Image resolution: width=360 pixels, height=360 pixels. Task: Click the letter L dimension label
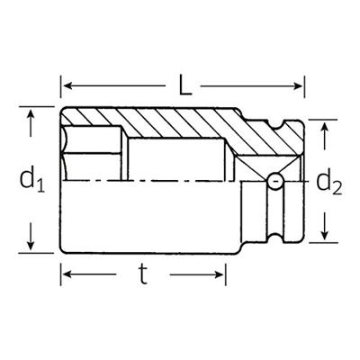click(x=184, y=85)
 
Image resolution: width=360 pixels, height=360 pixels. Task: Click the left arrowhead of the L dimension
click(x=67, y=85)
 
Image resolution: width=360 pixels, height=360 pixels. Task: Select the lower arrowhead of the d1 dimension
click(x=31, y=247)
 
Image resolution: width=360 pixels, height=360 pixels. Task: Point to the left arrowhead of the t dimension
click(x=67, y=275)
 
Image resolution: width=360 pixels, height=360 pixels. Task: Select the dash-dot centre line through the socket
click(x=162, y=182)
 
